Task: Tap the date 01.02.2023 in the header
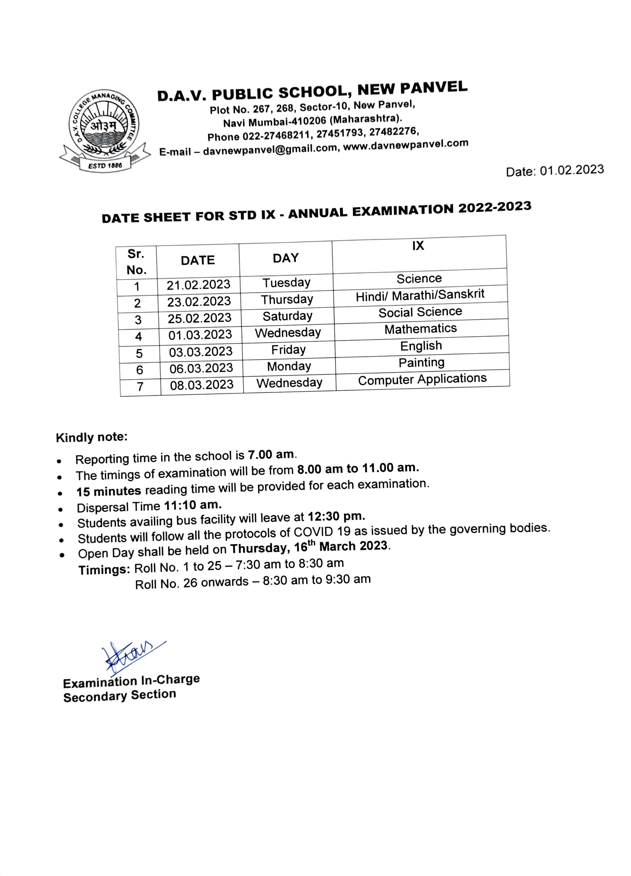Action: pyautogui.click(x=572, y=170)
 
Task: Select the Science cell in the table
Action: pyautogui.click(x=419, y=278)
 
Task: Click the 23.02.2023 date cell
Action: pyautogui.click(x=199, y=301)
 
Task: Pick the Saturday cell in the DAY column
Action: pyautogui.click(x=287, y=316)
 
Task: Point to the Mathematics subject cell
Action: pyautogui.click(x=420, y=329)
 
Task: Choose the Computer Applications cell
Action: pyautogui.click(x=422, y=379)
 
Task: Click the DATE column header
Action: pyautogui.click(x=197, y=260)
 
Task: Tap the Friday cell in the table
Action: pyautogui.click(x=288, y=350)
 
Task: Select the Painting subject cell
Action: pyautogui.click(x=421, y=363)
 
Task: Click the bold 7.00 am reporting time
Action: pyautogui.click(x=271, y=455)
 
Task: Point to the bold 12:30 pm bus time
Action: pyautogui.click(x=336, y=517)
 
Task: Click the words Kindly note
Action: pyautogui.click(x=92, y=437)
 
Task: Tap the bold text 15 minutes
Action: pyautogui.click(x=109, y=491)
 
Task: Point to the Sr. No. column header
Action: pyautogui.click(x=136, y=262)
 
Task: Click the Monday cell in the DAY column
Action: pyautogui.click(x=289, y=366)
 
